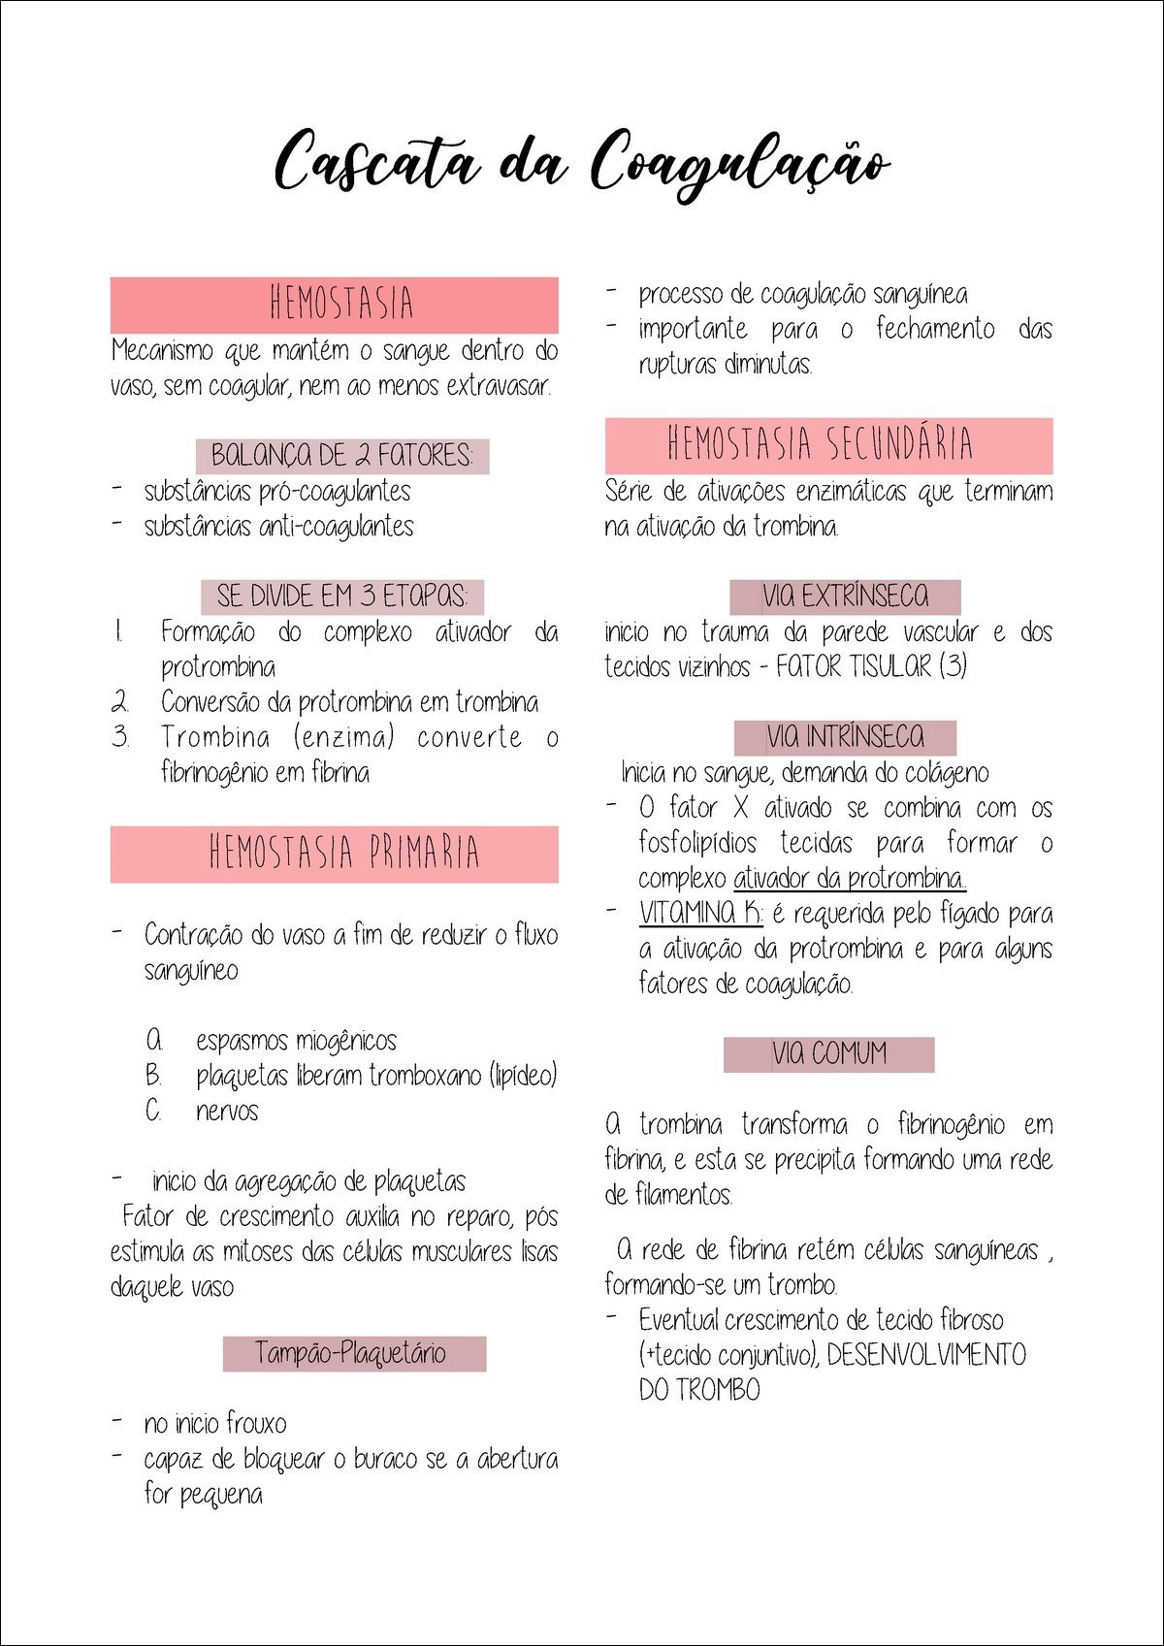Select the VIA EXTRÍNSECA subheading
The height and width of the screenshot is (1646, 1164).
tap(845, 596)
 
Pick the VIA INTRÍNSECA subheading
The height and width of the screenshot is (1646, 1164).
tap(845, 737)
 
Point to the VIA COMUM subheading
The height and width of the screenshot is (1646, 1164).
tap(829, 1053)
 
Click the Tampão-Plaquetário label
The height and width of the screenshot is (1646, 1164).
tap(354, 1353)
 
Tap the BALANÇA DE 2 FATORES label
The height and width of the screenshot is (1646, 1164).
tap(342, 455)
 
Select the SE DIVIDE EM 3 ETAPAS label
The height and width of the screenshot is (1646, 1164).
tap(342, 596)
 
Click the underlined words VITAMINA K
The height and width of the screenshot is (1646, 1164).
tap(700, 914)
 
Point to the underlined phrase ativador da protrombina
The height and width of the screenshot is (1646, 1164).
tap(850, 879)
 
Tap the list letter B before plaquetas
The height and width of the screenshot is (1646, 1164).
tap(153, 1076)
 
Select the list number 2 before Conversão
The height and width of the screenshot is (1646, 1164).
tap(120, 702)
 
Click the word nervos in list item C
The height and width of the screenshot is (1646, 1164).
tap(228, 1111)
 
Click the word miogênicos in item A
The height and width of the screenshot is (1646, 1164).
tap(346, 1041)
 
